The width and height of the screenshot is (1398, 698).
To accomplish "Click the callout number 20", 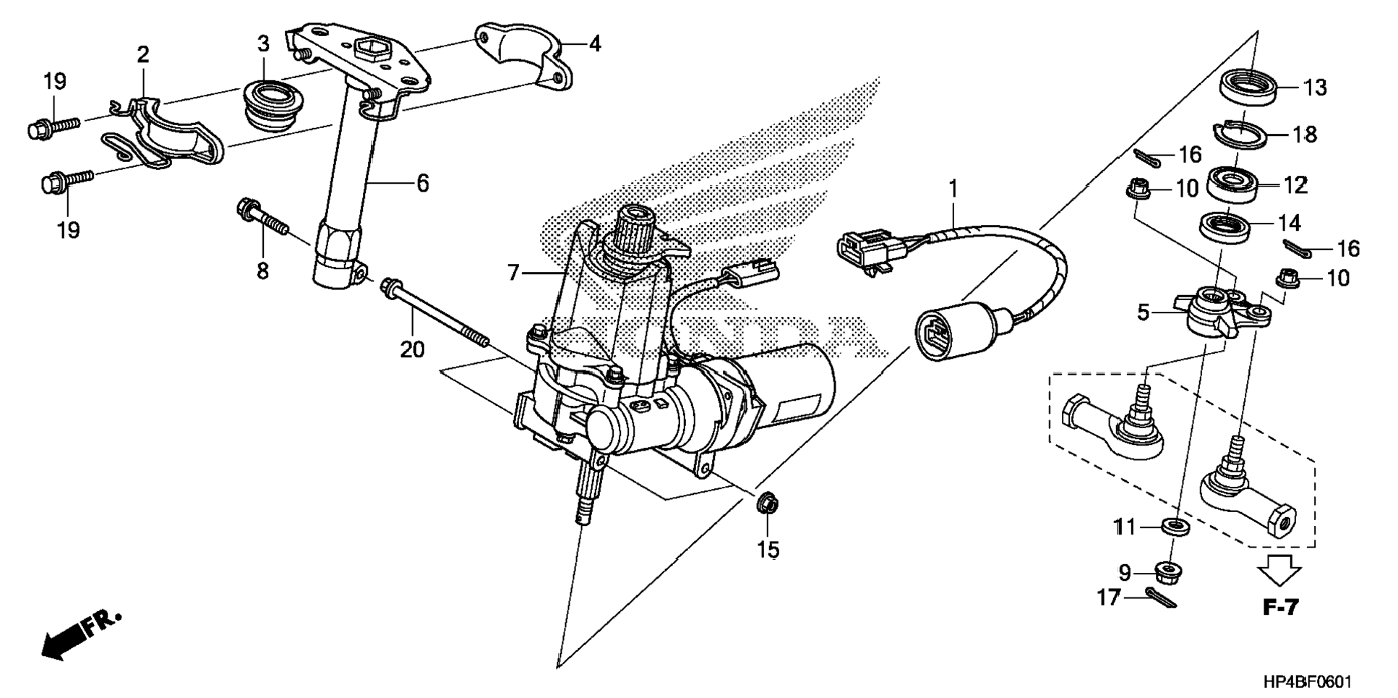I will [412, 350].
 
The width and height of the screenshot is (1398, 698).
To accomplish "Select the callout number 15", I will [768, 550].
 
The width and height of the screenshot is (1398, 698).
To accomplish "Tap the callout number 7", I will [513, 273].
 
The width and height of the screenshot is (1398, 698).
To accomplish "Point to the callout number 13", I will [1316, 88].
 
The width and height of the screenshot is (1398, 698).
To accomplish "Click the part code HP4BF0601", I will [1308, 681].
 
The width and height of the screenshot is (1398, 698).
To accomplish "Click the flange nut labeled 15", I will [768, 504].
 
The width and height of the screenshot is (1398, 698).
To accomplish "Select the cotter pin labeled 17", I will [1162, 598].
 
